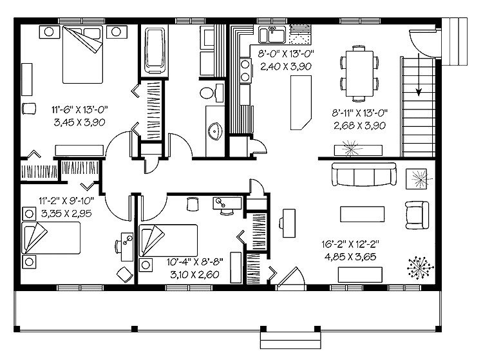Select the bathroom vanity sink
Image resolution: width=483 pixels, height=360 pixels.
(x=215, y=129)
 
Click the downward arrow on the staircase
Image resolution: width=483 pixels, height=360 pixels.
(x=419, y=81)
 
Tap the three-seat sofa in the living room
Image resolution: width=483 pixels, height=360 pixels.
(x=363, y=175)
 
